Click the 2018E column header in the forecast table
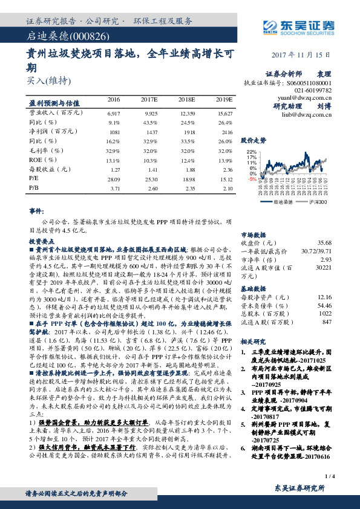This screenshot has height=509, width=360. [x=186, y=99]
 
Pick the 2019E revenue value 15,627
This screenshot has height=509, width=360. [x=223, y=113]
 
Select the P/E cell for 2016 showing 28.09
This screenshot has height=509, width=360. [x=113, y=179]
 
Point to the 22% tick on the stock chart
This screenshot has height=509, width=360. [x=252, y=152]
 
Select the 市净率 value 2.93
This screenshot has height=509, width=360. [x=326, y=258]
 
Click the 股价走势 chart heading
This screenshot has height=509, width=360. [x=254, y=139]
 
